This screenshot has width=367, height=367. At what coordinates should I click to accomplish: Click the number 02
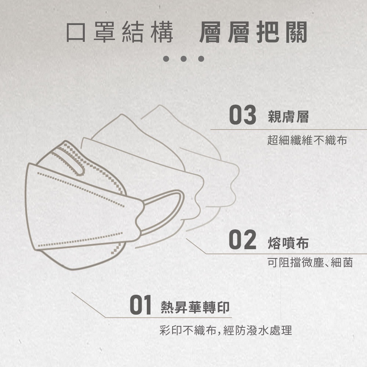pos(243,239)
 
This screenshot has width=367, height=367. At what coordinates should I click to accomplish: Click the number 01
pos(141,305)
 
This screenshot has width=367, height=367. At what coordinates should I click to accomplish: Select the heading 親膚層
pos(288,117)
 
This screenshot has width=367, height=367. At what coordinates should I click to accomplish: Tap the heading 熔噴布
pos(288,243)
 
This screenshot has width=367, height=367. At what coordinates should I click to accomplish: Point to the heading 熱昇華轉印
pos(195,307)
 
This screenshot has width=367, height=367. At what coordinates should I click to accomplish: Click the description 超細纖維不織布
pos(307,140)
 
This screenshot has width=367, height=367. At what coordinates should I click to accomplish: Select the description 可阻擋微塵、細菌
pos(310,262)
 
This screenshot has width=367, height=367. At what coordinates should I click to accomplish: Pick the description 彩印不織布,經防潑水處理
pos(226,330)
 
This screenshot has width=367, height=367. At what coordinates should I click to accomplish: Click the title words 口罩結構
pos(120,32)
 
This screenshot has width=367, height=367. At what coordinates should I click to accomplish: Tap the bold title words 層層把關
pos(253,32)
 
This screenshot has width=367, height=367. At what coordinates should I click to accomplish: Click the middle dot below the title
pos(183,58)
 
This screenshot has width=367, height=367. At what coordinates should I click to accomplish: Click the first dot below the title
pos(166,58)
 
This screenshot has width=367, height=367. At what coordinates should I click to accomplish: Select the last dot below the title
pos(201,58)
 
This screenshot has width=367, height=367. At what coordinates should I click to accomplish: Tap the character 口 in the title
pos(76,32)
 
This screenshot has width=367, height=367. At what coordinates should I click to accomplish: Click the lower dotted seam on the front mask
pos(80,240)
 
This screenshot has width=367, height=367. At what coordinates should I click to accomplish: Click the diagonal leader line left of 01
pos(89,305)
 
